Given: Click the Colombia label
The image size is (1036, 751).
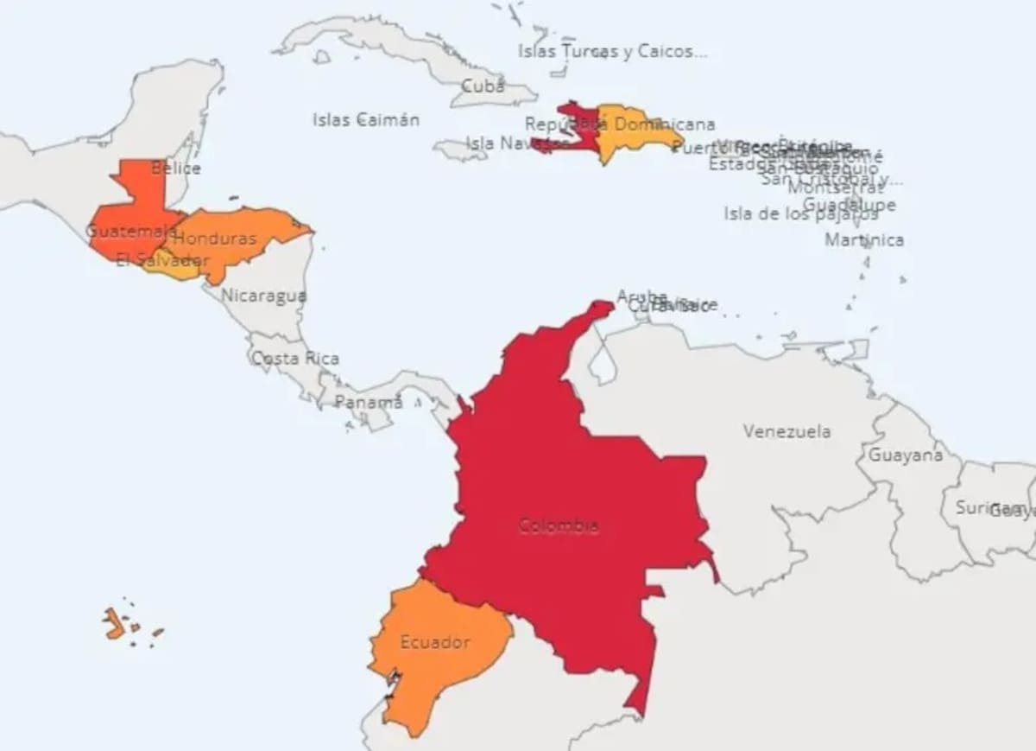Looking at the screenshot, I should [x=559, y=525].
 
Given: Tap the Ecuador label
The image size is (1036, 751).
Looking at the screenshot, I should [x=435, y=642].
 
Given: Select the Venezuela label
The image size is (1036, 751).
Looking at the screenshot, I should [x=786, y=430].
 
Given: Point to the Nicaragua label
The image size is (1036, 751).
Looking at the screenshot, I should [x=263, y=296].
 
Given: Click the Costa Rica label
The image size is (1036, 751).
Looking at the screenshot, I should [x=295, y=358].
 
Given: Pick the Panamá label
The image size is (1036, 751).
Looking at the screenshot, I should [x=369, y=402].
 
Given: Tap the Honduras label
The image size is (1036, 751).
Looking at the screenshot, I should [x=215, y=238].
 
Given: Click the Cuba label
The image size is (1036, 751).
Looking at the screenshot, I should [x=483, y=86].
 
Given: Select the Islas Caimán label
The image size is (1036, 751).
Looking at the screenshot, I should [x=366, y=119].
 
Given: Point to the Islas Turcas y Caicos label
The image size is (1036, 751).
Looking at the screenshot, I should [x=612, y=51].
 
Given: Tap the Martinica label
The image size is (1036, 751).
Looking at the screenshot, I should [x=864, y=239].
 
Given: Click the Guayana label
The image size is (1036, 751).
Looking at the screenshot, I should [x=905, y=455].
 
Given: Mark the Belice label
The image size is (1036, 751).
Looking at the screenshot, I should [x=175, y=168].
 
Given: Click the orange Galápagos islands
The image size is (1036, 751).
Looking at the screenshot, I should [x=114, y=622].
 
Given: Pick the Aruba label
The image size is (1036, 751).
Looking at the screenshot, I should [x=641, y=296].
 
